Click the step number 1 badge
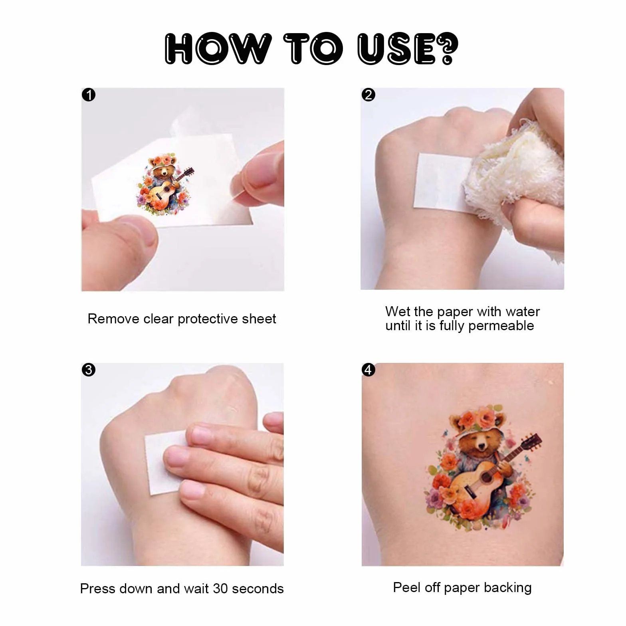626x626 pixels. click(89, 95)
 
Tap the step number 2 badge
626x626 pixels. click(368, 95)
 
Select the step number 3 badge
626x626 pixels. click(89, 370)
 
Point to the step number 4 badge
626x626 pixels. click(368, 370)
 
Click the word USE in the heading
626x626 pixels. click(396, 49)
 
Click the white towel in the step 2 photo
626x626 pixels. click(515, 176)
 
